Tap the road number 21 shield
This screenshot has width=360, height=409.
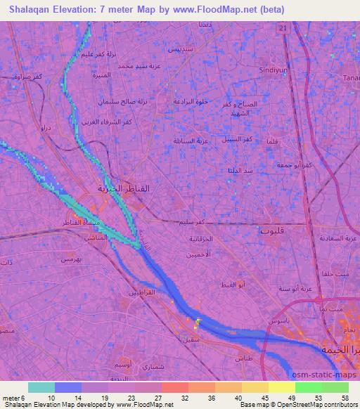[283, 27]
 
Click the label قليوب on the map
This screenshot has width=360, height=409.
[271, 229]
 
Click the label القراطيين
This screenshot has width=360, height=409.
[139, 292]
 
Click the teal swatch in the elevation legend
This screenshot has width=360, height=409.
[41, 387]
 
